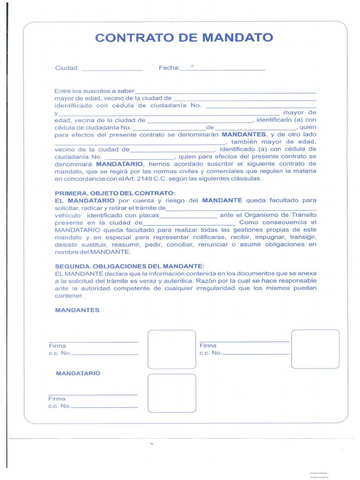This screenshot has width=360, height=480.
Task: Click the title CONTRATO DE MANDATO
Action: (x=184, y=37)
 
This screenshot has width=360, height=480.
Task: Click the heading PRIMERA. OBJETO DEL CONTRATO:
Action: (x=115, y=193)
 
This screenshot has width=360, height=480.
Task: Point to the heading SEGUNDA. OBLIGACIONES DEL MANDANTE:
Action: (x=130, y=266)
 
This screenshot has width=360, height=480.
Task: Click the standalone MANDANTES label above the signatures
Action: (x=77, y=310)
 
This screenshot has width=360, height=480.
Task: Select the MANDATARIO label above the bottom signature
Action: (x=78, y=373)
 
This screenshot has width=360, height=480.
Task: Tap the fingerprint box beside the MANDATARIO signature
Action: (x=172, y=393)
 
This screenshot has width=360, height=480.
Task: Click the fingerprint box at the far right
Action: (x=315, y=349)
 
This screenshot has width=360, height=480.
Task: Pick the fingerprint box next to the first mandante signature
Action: (x=172, y=349)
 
